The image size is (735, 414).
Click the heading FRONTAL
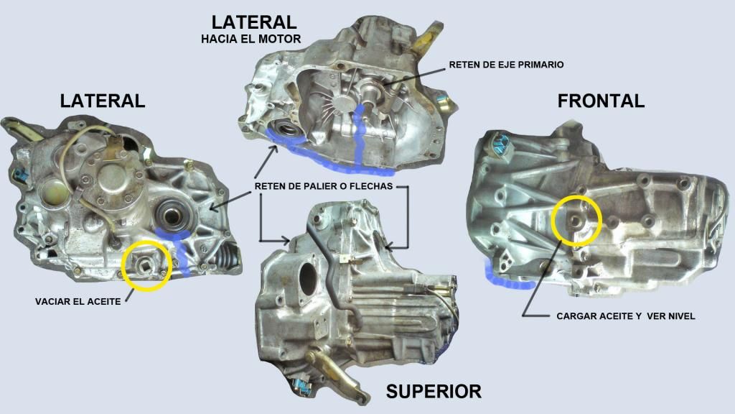tap(601, 101)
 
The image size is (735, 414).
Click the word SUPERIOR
tap(434, 391)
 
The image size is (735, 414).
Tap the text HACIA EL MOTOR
tap(251, 39)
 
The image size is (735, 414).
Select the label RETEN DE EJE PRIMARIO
tap(506, 64)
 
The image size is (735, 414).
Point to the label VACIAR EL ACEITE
tap(78, 301)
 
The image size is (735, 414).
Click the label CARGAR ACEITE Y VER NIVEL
tap(625, 316)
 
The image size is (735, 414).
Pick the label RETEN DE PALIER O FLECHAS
tap(324, 186)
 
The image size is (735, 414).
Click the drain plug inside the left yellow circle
tap(146, 266)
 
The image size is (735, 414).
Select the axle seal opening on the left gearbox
tap(172, 216)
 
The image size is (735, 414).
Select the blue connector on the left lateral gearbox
tap(19, 175)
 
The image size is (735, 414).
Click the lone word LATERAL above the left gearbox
tap(102, 101)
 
